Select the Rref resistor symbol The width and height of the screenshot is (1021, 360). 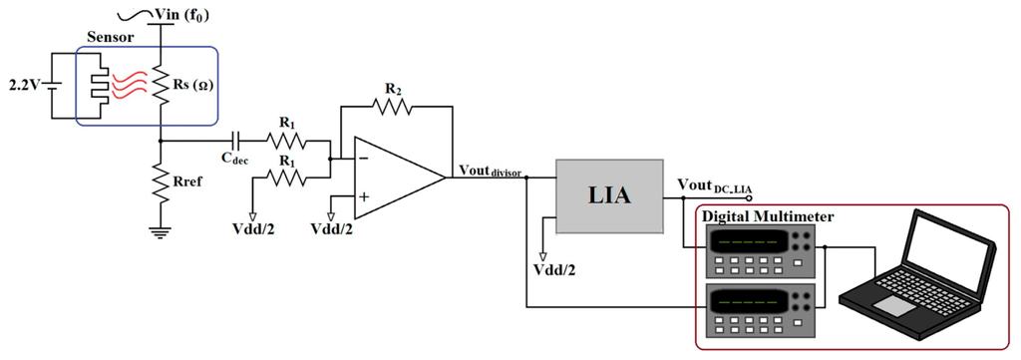pyautogui.click(x=161, y=184)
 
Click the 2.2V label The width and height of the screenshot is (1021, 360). pyautogui.click(x=21, y=84)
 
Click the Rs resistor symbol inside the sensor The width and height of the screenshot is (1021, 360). pyautogui.click(x=161, y=86)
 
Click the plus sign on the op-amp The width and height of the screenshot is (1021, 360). pyautogui.click(x=364, y=197)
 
